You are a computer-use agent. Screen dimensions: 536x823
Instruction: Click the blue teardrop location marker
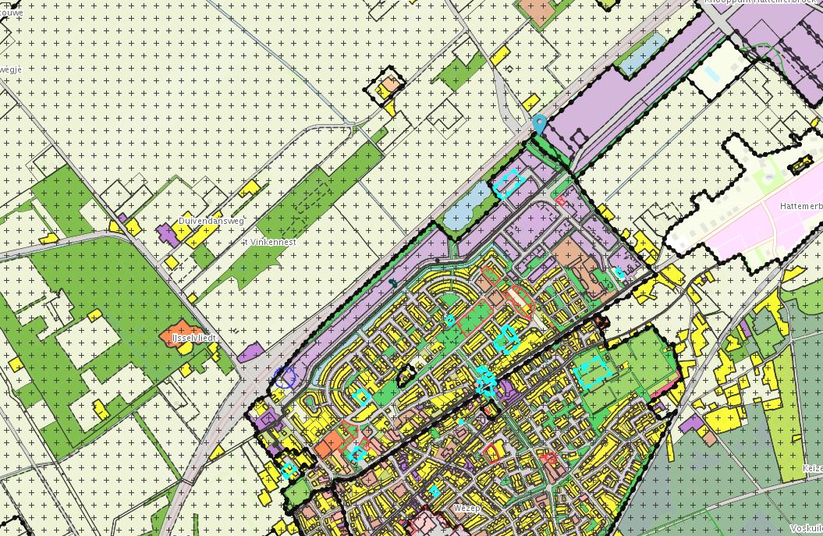click(538, 123)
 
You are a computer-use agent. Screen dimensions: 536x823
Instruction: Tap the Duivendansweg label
click(211, 222)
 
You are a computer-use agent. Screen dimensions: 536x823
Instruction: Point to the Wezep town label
click(469, 508)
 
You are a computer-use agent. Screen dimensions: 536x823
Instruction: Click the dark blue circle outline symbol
click(286, 378)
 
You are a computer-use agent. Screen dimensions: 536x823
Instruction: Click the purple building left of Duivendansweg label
click(167, 233)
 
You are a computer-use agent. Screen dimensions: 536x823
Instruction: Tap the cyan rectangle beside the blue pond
click(508, 183)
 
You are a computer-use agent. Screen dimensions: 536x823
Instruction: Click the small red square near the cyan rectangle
click(560, 201)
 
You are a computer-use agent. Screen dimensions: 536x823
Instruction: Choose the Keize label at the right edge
click(812, 469)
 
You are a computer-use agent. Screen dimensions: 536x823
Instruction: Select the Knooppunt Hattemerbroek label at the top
click(761, 3)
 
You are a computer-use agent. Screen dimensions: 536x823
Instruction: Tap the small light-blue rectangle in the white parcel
click(711, 74)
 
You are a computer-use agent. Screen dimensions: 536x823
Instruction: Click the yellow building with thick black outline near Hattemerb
click(800, 165)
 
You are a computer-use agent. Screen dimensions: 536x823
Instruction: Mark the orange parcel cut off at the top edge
click(535, 9)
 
